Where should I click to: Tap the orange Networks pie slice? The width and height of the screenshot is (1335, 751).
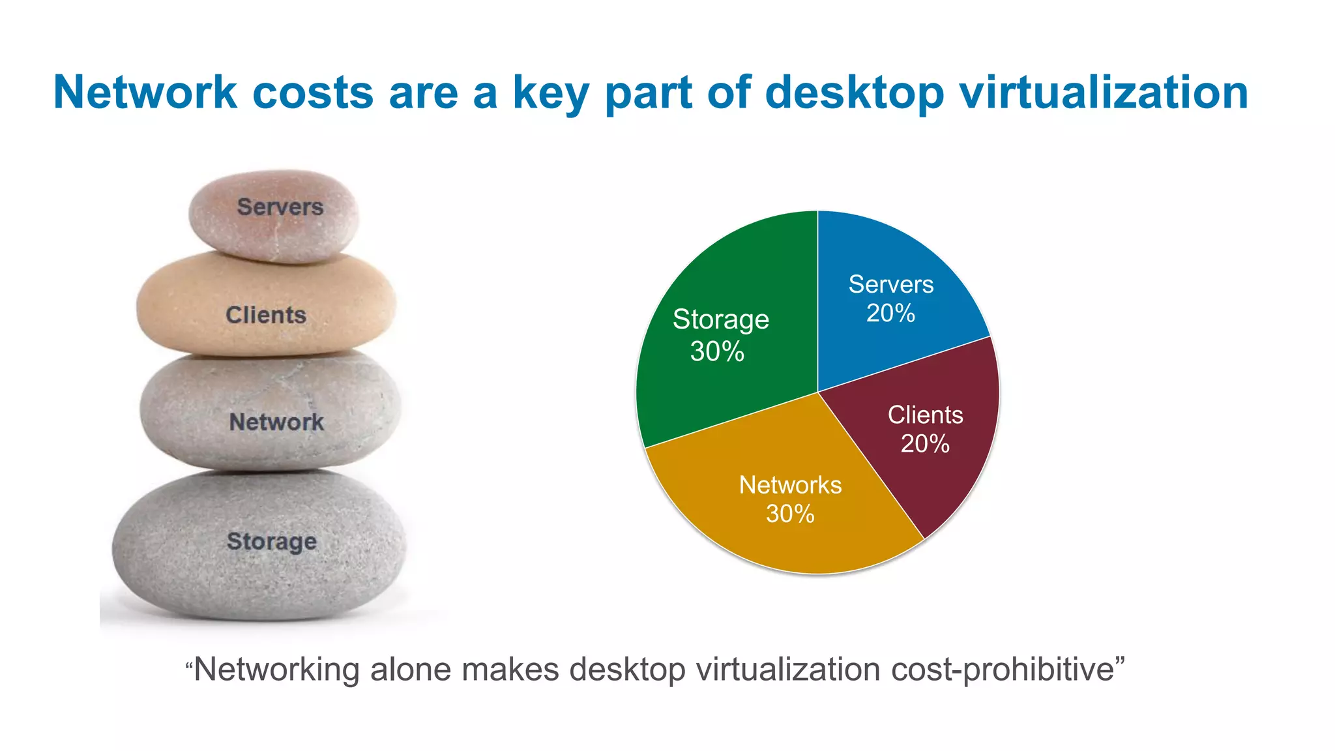(782, 522)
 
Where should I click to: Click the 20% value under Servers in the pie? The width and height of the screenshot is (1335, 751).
(890, 314)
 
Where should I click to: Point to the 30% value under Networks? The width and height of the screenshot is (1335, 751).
(790, 514)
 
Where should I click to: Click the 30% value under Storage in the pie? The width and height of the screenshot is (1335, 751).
(717, 352)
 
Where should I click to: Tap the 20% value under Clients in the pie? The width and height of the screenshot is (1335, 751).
(925, 444)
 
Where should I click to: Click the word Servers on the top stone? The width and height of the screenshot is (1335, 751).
(280, 207)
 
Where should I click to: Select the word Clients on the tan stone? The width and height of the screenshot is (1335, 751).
(266, 316)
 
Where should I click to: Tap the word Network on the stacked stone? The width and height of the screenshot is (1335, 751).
(276, 422)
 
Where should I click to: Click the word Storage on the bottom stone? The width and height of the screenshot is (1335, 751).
(272, 542)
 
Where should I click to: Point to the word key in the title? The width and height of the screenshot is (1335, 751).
(551, 93)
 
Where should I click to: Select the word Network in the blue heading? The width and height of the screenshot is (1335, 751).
(145, 92)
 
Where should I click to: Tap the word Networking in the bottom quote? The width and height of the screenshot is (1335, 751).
(278, 670)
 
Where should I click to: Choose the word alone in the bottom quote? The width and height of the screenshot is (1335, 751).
(410, 670)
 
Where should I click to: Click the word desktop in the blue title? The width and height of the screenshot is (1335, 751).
(854, 93)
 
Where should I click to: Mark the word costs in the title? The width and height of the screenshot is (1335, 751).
(313, 93)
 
